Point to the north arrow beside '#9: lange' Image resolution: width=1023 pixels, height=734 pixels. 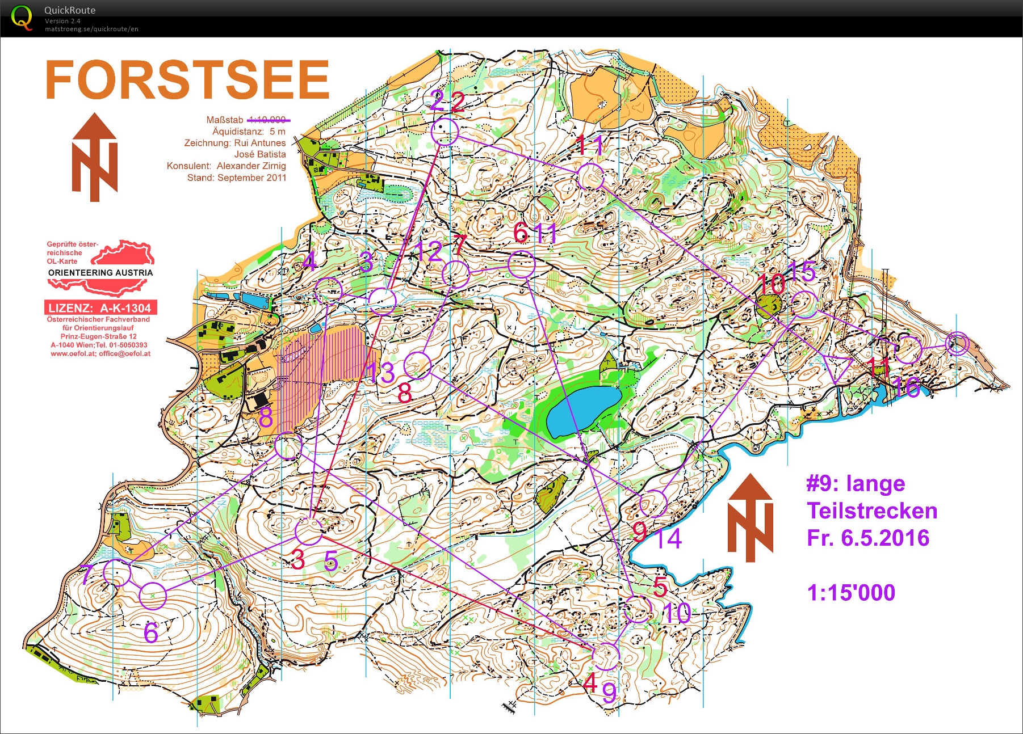pyautogui.click(x=750, y=517)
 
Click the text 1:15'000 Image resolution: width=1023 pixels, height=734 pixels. pyautogui.click(x=850, y=593)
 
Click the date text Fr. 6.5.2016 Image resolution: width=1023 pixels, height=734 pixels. pyautogui.click(x=867, y=538)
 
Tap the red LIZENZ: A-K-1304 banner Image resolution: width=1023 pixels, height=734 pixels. pyautogui.click(x=100, y=308)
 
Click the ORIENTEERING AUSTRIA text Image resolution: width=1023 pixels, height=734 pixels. pyautogui.click(x=100, y=273)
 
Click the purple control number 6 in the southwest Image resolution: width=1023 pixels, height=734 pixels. pyautogui.click(x=150, y=632)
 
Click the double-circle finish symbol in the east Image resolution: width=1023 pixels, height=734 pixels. pyautogui.click(x=957, y=343)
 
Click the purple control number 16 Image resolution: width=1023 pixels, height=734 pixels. pyautogui.click(x=906, y=387)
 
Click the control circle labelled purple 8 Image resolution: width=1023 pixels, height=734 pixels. pyautogui.click(x=288, y=445)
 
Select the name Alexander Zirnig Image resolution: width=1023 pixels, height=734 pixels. pyautogui.click(x=251, y=166)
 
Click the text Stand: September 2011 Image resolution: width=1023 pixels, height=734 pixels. pyautogui.click(x=237, y=178)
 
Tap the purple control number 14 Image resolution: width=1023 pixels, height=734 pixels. pyautogui.click(x=669, y=538)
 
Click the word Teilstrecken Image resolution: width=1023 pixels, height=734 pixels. pyautogui.click(x=872, y=511)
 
